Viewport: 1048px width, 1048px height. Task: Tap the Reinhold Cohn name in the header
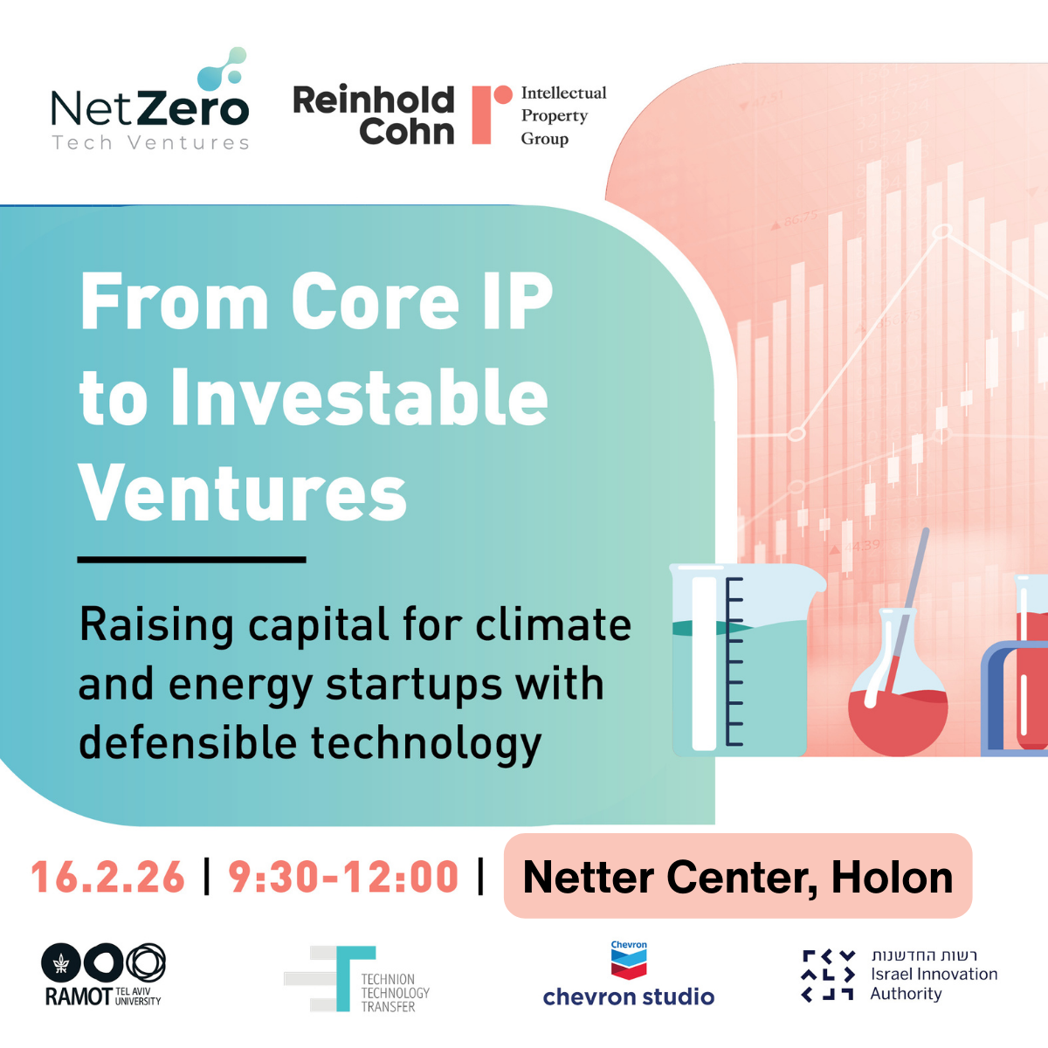(x=374, y=115)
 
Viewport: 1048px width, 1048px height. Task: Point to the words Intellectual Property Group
(x=562, y=115)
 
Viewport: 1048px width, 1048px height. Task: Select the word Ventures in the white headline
(x=243, y=493)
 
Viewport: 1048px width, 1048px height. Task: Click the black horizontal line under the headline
(x=191, y=559)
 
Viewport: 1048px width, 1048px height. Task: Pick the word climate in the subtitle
(x=553, y=625)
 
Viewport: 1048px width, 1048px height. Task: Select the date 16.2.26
(x=108, y=877)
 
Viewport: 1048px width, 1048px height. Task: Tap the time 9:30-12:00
(x=343, y=877)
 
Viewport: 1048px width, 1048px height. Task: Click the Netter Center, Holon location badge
(x=738, y=877)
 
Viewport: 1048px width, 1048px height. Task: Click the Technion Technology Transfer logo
(x=358, y=979)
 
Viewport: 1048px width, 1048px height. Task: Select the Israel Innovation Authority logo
(x=900, y=975)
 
